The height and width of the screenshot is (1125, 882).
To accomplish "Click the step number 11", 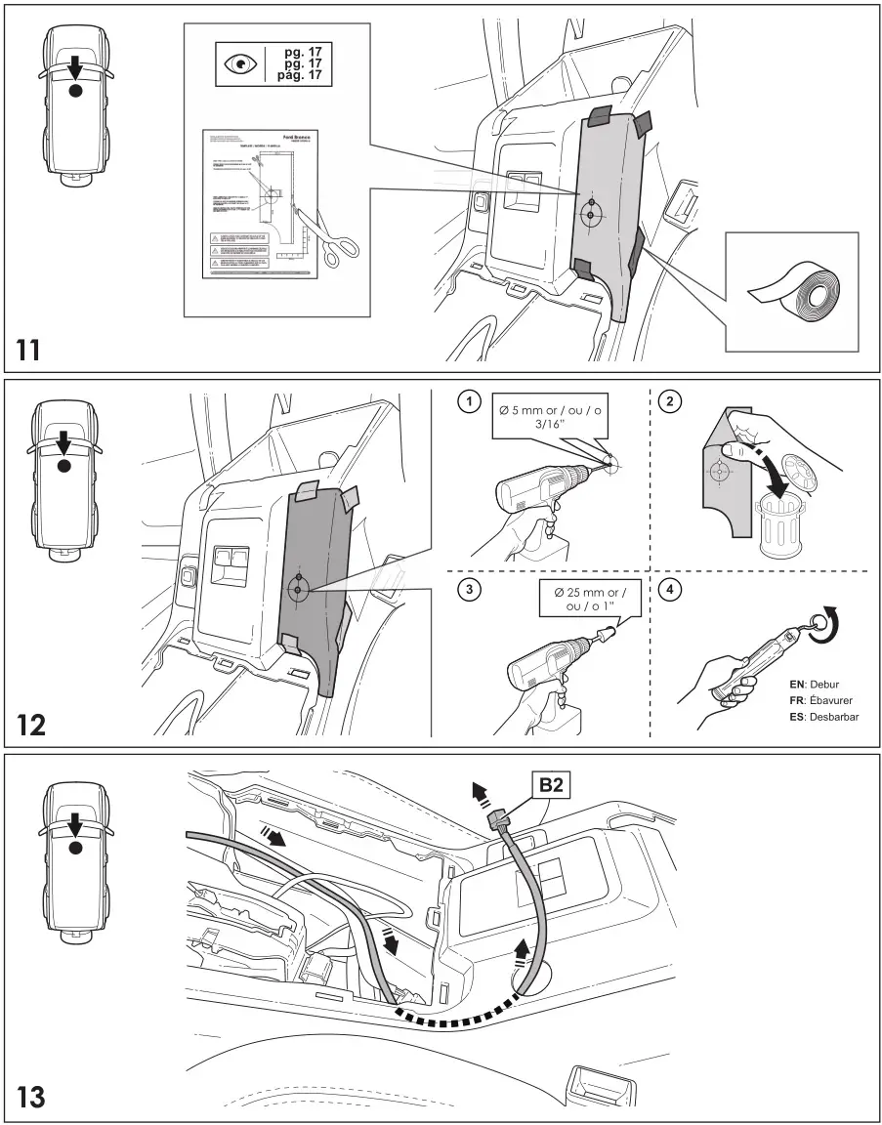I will pyautogui.click(x=29, y=349).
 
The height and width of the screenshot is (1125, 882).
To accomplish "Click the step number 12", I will pyautogui.click(x=30, y=725).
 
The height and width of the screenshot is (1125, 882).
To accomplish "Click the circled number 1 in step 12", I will pyautogui.click(x=470, y=401).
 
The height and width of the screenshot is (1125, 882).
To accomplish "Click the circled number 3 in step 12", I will pyautogui.click(x=470, y=593).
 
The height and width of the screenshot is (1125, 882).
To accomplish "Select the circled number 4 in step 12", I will pyautogui.click(x=671, y=593).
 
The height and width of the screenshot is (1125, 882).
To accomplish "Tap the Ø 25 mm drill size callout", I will pyautogui.click(x=583, y=599).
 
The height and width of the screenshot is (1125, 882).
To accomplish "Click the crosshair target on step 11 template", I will pyautogui.click(x=590, y=213).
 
